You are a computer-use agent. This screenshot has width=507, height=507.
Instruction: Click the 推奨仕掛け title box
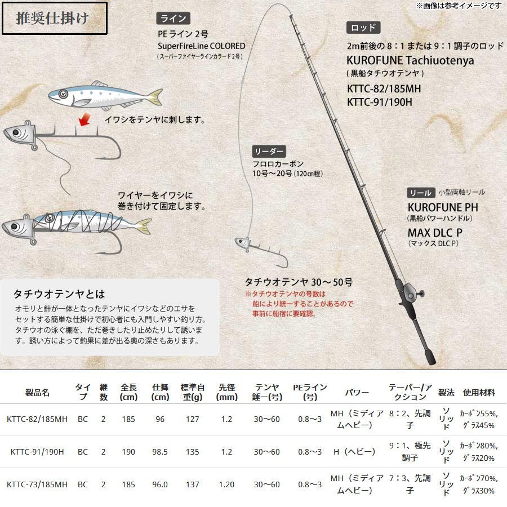55,19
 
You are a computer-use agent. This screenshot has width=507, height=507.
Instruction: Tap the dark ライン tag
172,19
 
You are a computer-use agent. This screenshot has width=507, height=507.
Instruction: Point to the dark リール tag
419,193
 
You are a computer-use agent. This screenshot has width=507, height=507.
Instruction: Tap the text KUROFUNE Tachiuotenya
411,60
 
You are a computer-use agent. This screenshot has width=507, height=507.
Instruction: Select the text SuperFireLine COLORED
202,46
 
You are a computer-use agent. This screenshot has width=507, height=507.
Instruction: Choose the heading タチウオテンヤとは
59,294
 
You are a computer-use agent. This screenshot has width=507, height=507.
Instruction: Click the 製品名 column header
38,392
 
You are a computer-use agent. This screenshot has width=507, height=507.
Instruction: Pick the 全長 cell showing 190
128,451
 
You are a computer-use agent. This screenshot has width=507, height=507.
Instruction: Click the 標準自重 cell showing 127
193,419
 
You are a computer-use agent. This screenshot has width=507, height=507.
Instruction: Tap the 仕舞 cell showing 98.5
161,451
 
